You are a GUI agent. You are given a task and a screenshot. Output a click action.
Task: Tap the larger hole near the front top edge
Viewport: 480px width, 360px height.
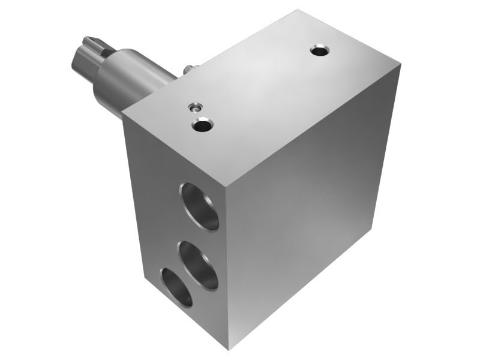(x=202, y=125)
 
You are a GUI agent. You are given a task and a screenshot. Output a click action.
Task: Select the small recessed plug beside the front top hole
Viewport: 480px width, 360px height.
(x=194, y=108)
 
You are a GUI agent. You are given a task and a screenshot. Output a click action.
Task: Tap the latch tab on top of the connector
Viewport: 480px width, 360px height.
(x=89, y=41)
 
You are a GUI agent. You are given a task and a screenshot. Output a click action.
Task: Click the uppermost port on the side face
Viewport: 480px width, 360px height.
(x=199, y=206)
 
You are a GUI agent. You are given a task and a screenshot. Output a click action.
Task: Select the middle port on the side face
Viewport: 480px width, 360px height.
(x=198, y=264)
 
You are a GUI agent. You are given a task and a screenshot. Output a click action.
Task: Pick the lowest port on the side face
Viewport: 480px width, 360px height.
(x=176, y=287)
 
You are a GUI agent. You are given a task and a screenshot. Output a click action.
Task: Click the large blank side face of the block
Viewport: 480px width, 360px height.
(x=306, y=210)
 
